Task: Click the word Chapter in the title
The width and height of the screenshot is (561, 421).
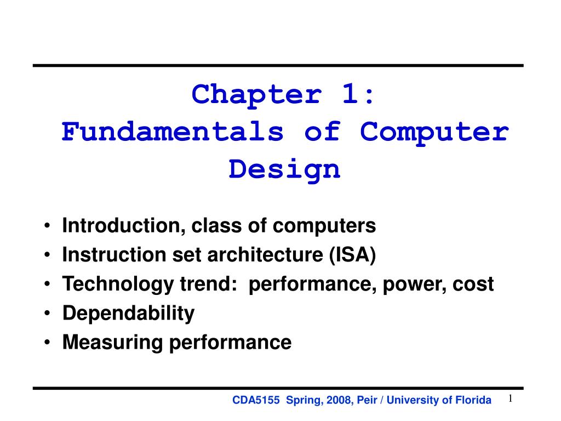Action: (x=256, y=95)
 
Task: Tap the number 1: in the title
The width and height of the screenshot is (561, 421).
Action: (x=354, y=95)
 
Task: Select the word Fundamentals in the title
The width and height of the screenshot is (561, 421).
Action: (x=173, y=132)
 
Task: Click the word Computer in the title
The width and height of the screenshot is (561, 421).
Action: (x=434, y=132)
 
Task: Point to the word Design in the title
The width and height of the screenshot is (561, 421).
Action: (x=284, y=169)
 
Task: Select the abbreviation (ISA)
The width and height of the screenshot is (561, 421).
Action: (x=353, y=255)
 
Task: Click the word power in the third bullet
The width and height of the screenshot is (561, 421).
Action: (x=420, y=285)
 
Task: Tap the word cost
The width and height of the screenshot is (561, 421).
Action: (x=474, y=285)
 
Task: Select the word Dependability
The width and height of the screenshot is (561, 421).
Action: (x=128, y=314)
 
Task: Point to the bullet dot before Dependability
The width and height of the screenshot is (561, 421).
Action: (x=50, y=314)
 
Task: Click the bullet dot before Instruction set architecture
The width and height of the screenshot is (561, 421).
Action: (x=50, y=255)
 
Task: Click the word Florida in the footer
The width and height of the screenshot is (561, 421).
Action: (x=474, y=401)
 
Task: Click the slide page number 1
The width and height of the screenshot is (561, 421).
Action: (x=510, y=399)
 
